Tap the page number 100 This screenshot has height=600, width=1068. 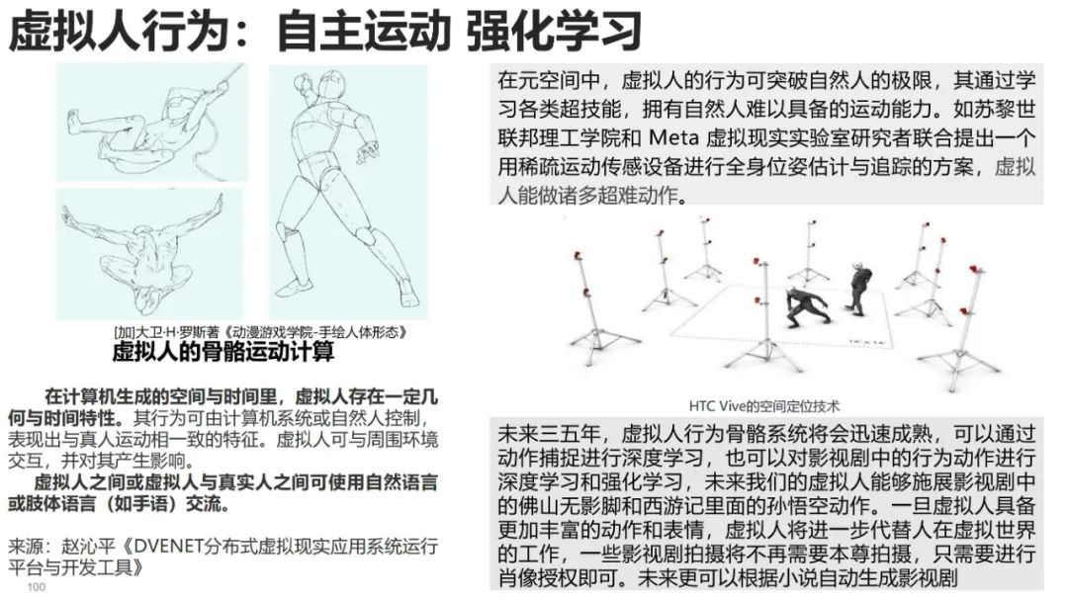coord(37,588)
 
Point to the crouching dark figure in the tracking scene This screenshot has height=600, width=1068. coord(806,306)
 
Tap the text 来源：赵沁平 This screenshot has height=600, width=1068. coord(62,547)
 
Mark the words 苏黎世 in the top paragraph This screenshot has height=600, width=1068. coord(1005,107)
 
